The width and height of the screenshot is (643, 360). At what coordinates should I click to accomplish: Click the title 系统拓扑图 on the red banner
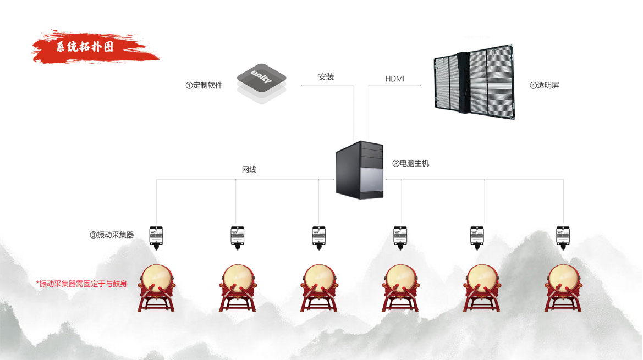(85, 47)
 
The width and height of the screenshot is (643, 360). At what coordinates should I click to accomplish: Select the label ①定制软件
(204, 86)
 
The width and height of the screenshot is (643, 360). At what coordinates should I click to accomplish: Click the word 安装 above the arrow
(326, 77)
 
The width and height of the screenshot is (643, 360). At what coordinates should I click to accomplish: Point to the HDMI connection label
(394, 79)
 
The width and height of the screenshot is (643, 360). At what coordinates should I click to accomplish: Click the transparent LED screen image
(474, 82)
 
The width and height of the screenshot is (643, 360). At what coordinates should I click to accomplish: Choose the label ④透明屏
(544, 86)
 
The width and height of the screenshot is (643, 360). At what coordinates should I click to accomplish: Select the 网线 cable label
(249, 169)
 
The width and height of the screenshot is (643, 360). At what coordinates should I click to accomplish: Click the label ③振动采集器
(112, 235)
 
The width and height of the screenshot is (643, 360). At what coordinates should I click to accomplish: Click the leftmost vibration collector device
(157, 236)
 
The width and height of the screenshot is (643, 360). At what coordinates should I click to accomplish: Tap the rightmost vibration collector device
(563, 236)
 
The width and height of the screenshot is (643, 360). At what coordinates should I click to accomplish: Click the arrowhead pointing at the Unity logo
(301, 85)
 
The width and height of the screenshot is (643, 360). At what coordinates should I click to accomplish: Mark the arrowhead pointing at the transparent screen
(420, 85)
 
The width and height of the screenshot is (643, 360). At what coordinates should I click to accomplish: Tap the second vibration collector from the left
(237, 236)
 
